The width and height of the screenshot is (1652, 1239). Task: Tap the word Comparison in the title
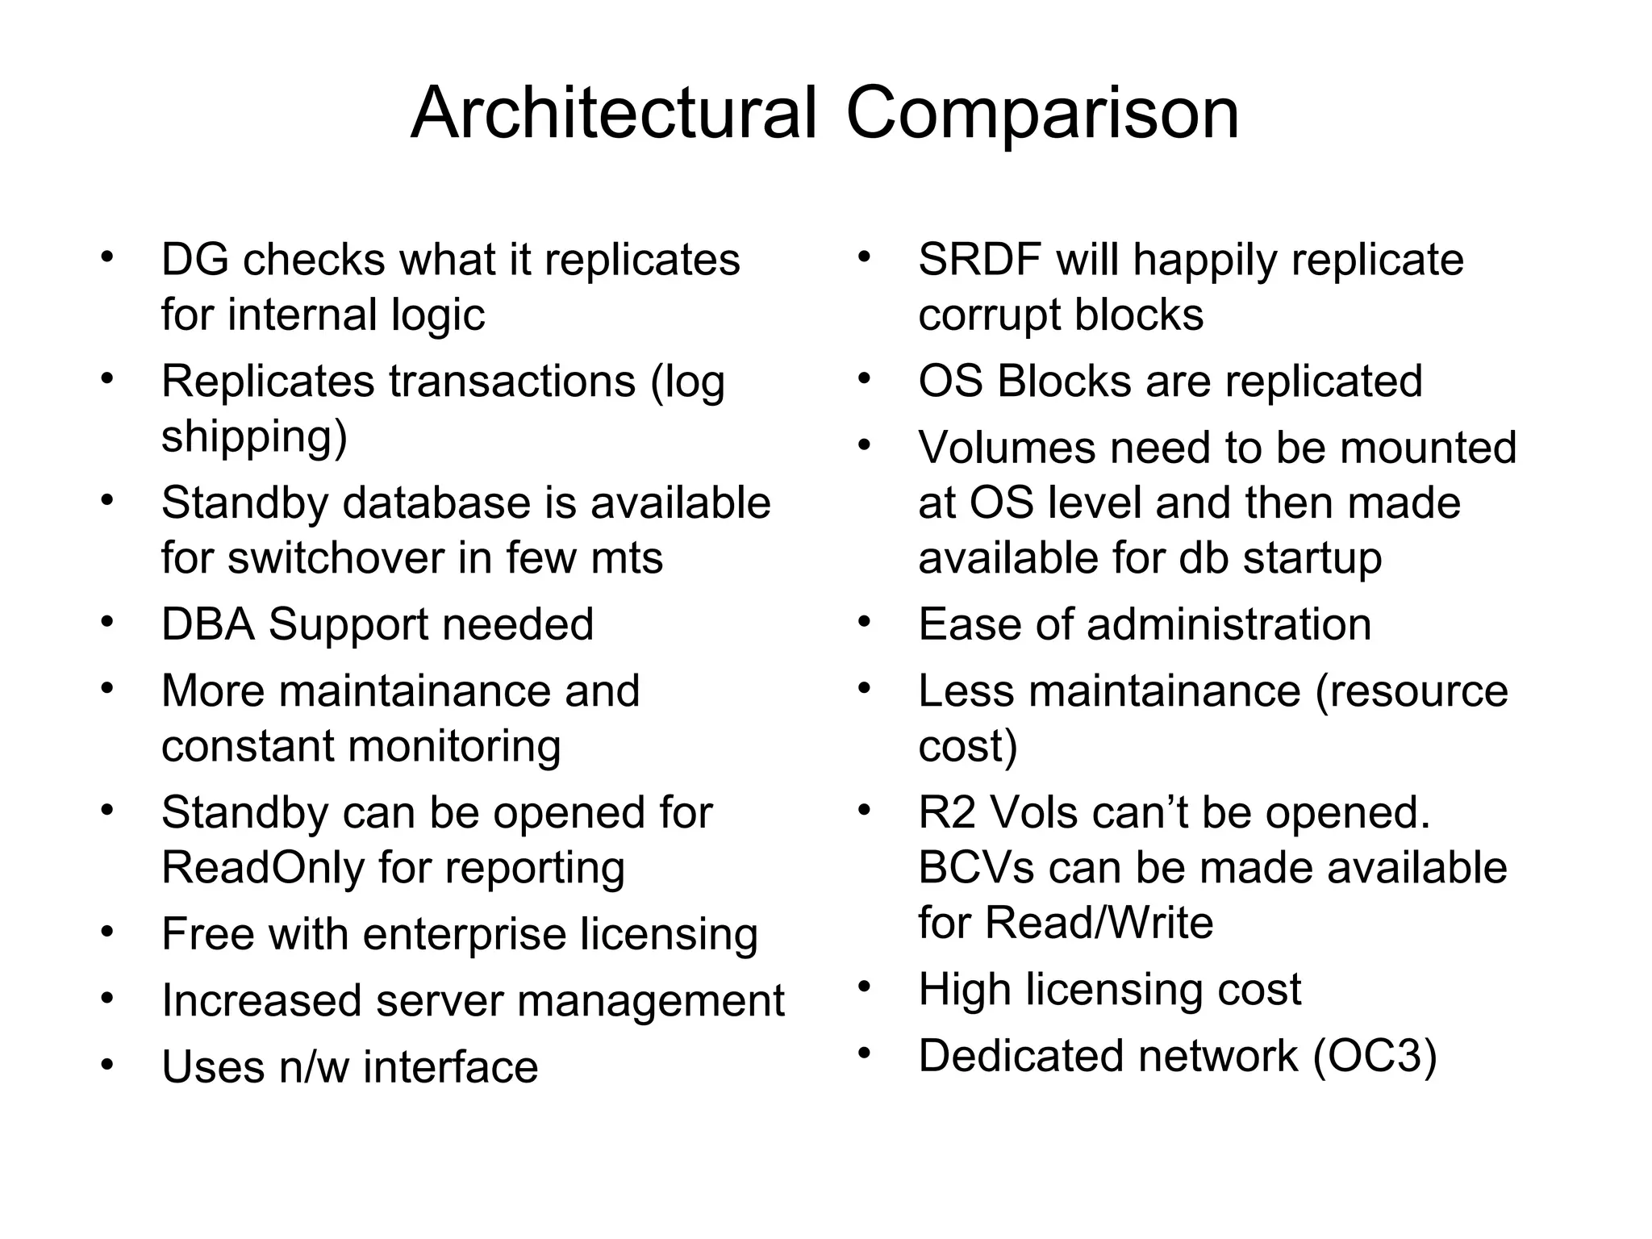[1042, 115]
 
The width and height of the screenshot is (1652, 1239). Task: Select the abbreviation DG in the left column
[194, 260]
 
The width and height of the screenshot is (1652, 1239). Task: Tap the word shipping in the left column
[254, 437]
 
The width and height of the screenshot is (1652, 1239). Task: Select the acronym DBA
[209, 624]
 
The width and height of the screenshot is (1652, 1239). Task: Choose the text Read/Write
[1099, 923]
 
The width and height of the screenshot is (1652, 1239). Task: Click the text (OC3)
[1375, 1056]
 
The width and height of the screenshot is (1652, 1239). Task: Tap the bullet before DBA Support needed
[107, 623]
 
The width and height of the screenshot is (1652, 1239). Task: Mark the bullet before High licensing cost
[865, 987]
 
